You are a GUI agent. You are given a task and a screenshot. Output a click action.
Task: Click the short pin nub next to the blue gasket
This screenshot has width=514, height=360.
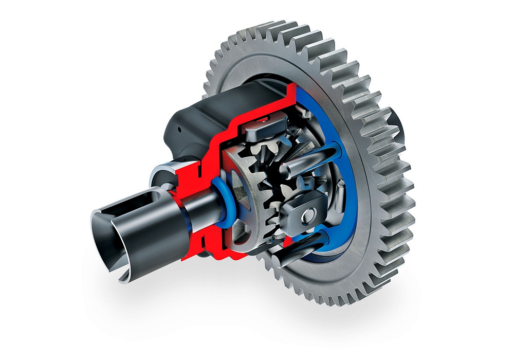coord(339,195)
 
